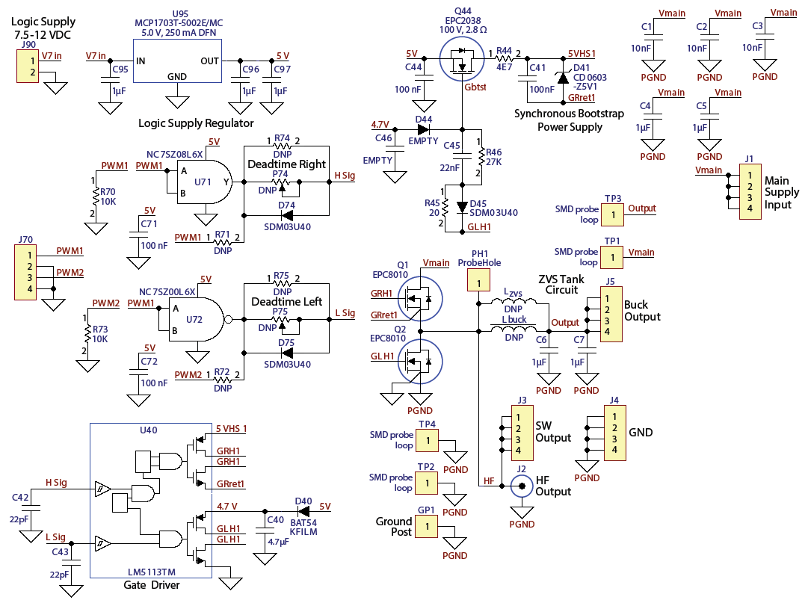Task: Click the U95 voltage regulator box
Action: (x=176, y=61)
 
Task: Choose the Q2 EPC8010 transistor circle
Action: (x=419, y=361)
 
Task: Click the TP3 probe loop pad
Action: (x=612, y=215)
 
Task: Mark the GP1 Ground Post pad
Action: (x=427, y=528)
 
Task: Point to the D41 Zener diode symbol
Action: (x=563, y=77)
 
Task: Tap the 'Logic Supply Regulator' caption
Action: (x=197, y=123)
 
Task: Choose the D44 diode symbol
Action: (x=423, y=129)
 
